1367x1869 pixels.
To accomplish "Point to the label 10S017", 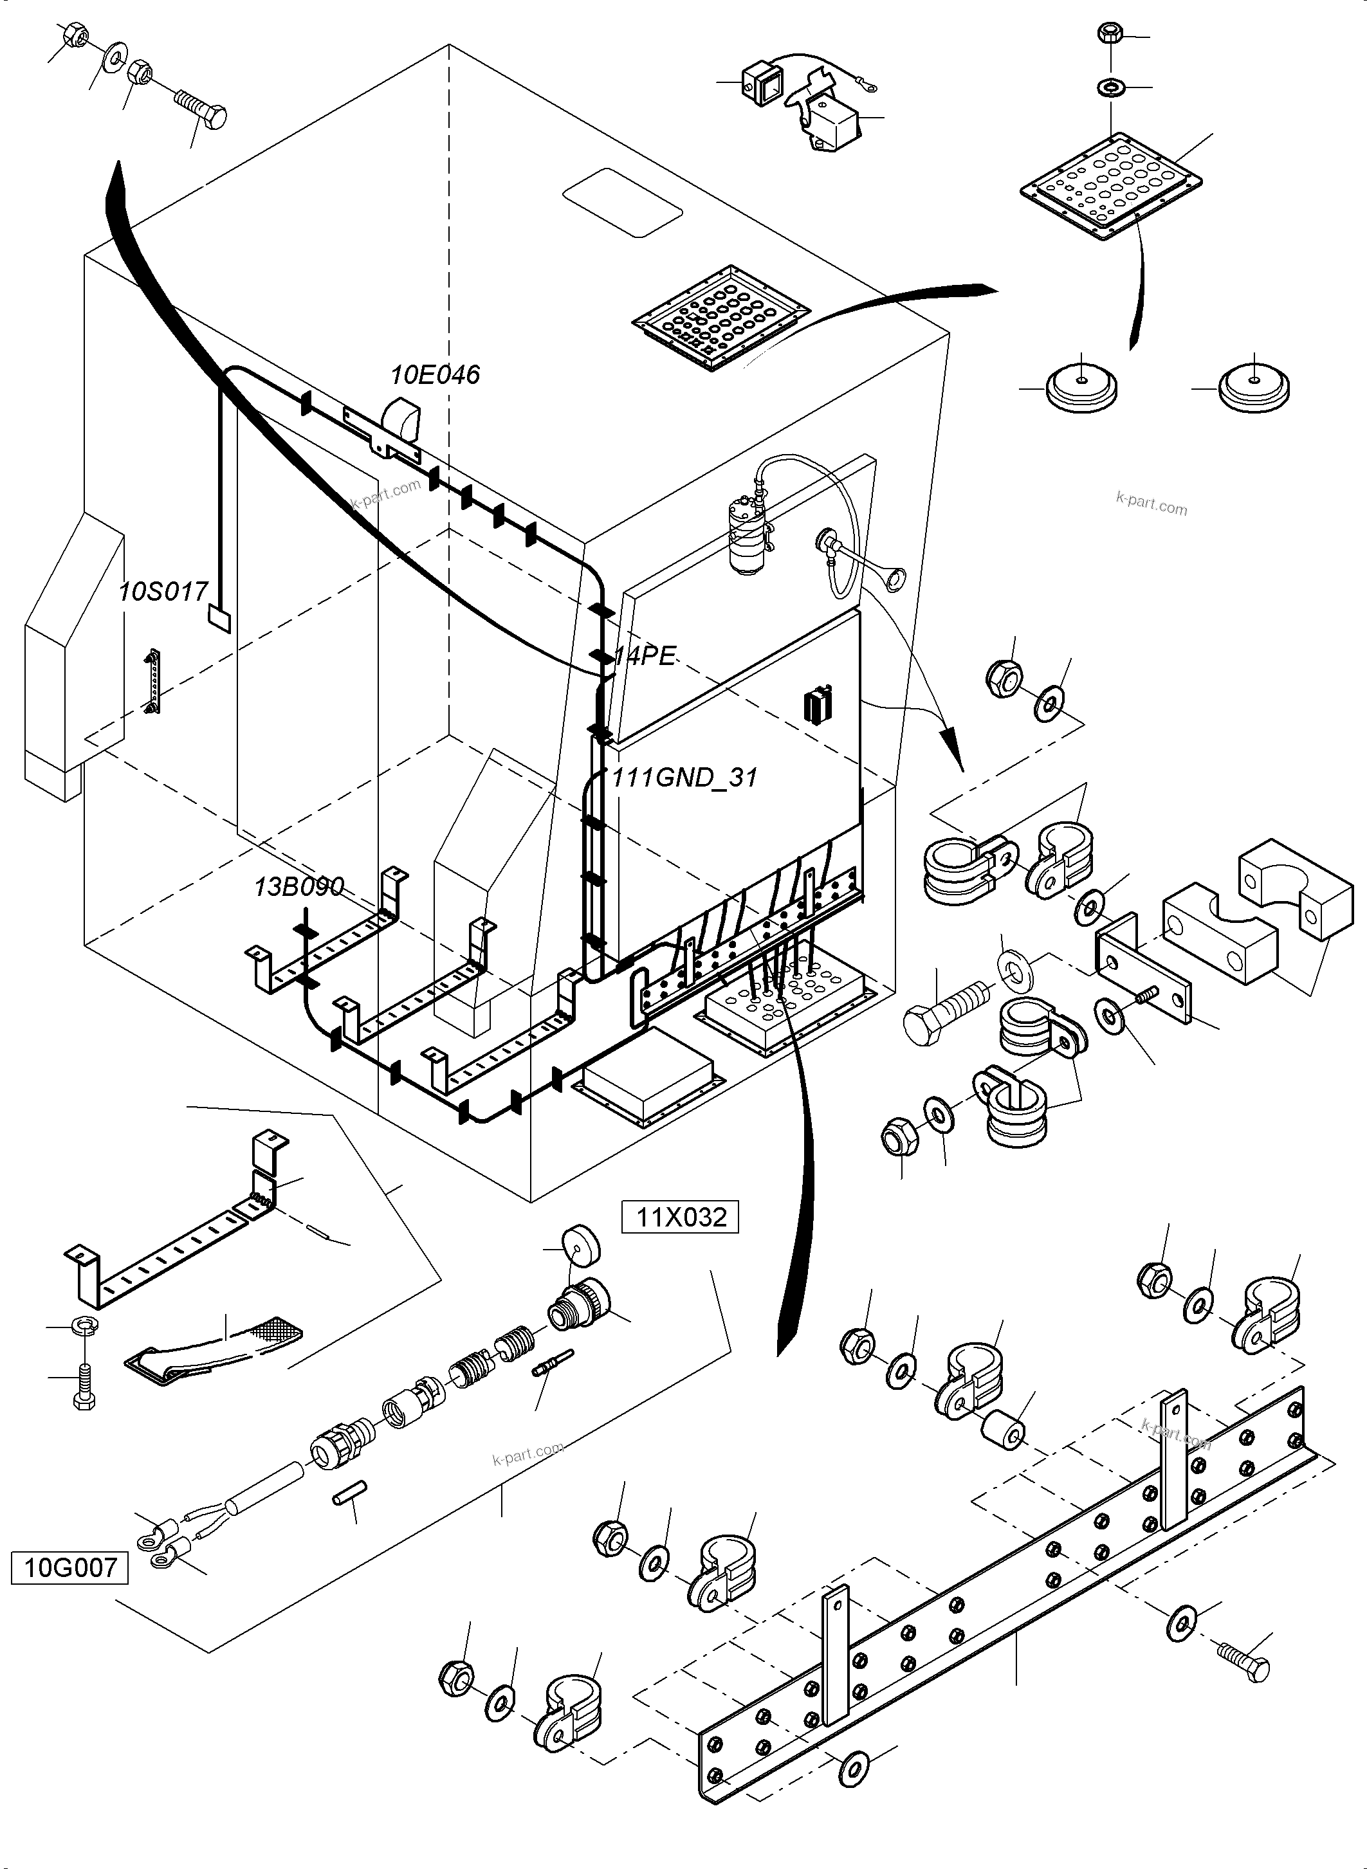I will click(x=163, y=592).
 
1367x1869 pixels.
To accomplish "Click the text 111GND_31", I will click(x=685, y=778).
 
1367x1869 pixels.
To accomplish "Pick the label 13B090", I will click(x=298, y=887).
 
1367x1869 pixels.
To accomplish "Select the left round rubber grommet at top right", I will click(x=1081, y=385).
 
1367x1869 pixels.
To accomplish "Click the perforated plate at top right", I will click(x=1110, y=186).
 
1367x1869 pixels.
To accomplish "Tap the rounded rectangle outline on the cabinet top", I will click(x=622, y=203).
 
